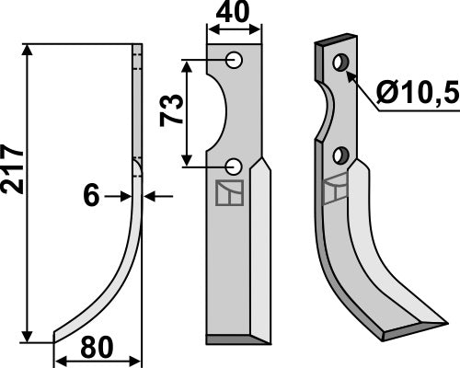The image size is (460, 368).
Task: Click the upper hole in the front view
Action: click(236, 60)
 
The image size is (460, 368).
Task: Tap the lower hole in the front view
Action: click(235, 167)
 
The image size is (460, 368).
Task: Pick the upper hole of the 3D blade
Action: click(341, 63)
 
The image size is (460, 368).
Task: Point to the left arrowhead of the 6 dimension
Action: click(127, 196)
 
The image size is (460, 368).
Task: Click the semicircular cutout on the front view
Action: click(219, 113)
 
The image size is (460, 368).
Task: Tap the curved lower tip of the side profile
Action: click(57, 334)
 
